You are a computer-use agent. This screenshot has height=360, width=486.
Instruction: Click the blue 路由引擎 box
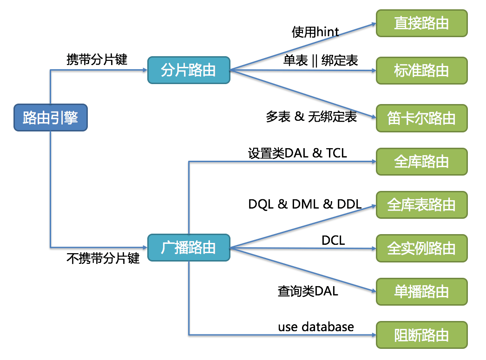pos(50,118)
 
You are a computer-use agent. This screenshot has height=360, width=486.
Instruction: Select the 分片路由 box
pos(189,70)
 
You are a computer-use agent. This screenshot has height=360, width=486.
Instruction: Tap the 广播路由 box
pos(189,248)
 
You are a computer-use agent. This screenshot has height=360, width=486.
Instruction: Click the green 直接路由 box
pos(421,23)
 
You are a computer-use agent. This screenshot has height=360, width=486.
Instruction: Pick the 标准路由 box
pos(421,71)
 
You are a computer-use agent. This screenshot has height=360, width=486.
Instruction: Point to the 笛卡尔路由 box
pos(421,118)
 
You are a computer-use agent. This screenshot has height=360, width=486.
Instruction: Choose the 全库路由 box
pos(421,162)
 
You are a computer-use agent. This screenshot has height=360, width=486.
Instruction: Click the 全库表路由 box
pos(421,205)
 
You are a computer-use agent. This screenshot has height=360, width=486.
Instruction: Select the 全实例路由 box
pos(421,248)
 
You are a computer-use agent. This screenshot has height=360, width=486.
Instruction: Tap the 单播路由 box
pos(421,292)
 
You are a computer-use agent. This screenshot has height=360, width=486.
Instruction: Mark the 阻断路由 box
pos(421,335)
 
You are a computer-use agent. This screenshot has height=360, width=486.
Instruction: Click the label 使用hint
pos(315,32)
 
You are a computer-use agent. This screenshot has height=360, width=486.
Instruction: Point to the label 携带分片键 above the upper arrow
pos(97,59)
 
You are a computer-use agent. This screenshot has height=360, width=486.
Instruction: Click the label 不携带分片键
pos(103,259)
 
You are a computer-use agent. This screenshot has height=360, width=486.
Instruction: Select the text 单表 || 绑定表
pos(321,60)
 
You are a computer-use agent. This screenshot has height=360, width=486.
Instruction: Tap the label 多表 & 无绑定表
pos(311,117)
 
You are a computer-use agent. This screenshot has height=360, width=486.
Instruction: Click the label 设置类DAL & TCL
pos(297,153)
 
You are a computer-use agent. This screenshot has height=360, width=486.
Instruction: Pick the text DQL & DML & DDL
pos(305,204)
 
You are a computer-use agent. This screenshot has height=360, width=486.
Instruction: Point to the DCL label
pos(333,240)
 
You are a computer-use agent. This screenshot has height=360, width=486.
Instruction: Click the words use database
pos(316,327)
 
